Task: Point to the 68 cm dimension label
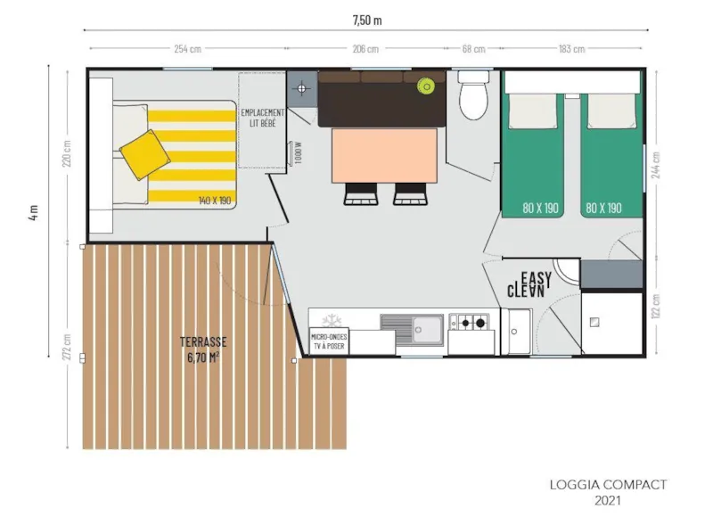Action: click(472, 49)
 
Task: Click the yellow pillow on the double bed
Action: click(144, 152)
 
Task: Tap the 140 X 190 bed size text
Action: click(215, 201)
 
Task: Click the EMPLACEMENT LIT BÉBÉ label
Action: click(262, 118)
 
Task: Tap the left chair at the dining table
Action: click(359, 193)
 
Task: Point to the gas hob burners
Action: click(471, 321)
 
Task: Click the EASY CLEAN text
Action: click(529, 284)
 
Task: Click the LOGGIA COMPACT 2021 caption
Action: click(608, 492)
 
